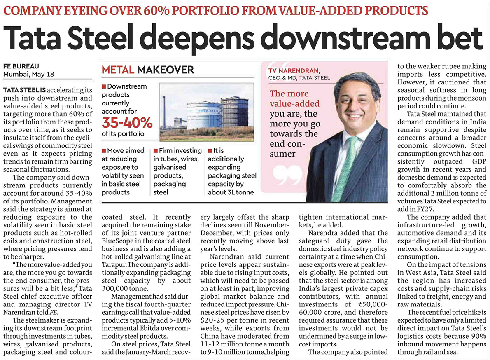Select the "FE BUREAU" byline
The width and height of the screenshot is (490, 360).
point(21,66)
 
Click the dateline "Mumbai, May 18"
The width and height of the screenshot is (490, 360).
point(28,75)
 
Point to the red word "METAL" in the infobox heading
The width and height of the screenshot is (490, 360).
point(118,70)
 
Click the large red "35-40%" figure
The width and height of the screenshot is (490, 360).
point(127,123)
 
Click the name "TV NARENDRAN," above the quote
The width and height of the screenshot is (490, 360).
point(294,71)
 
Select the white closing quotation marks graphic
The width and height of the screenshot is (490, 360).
point(288,175)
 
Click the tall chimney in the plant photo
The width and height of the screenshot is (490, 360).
point(164,112)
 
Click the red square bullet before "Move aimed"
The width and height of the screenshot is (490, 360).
point(104,151)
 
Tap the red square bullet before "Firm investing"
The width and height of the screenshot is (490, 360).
point(155,151)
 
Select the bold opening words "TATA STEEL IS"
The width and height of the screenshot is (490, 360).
point(24,90)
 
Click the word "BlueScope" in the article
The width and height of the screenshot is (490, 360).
point(118,241)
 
